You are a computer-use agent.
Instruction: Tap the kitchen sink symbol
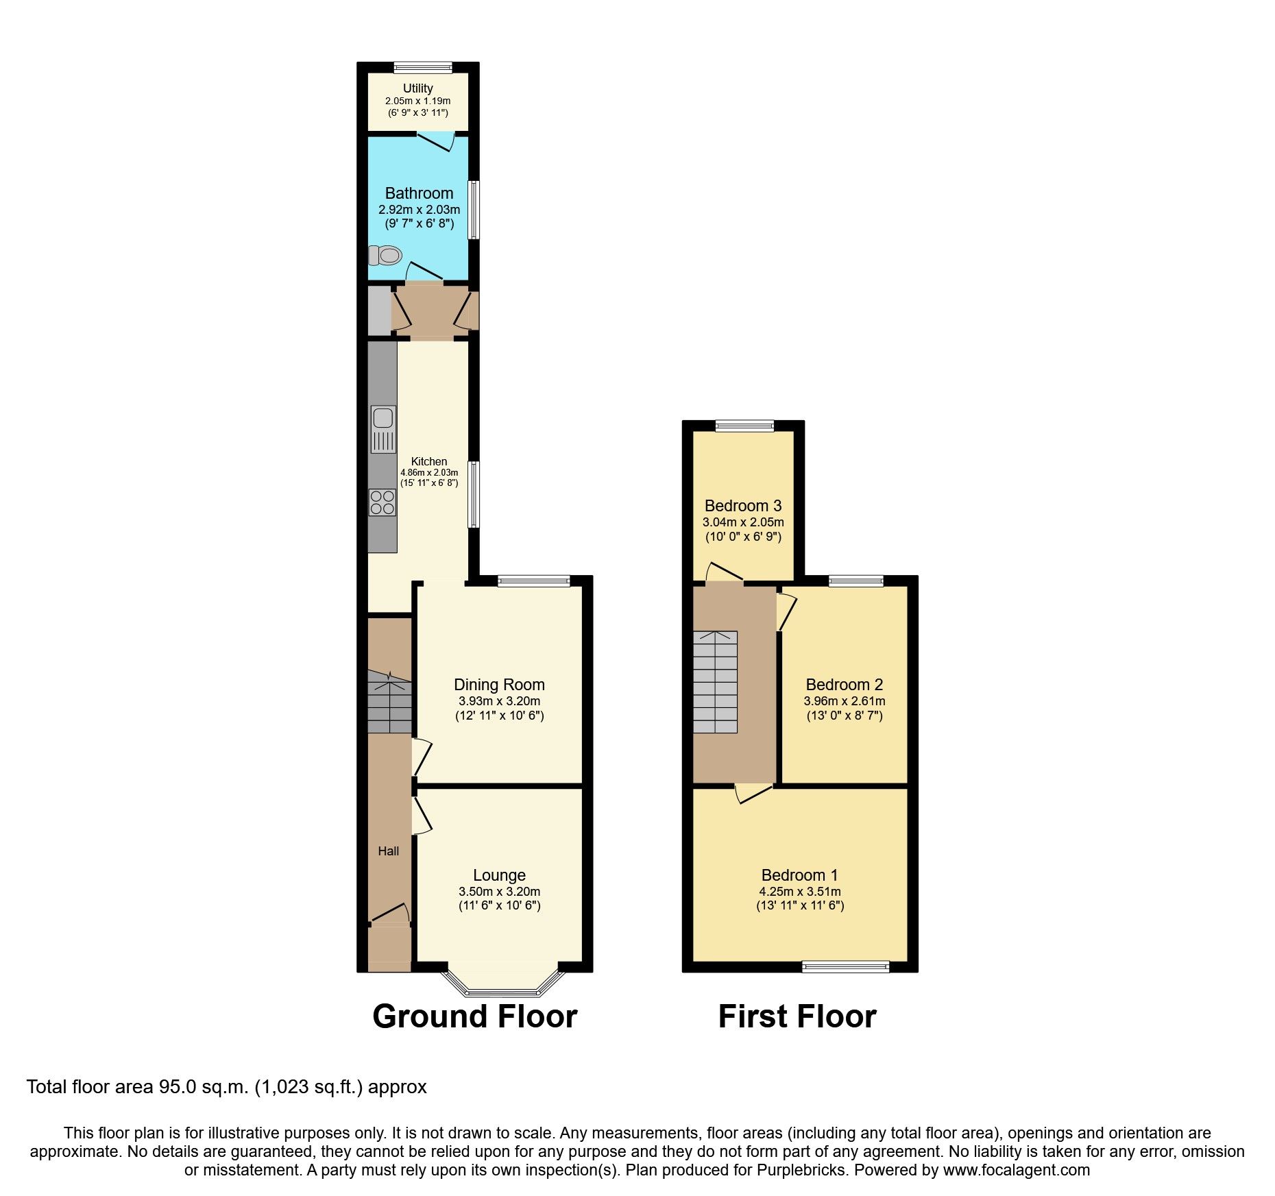(383, 429)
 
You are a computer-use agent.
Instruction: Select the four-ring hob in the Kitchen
(382, 502)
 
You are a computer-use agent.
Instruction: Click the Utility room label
(417, 88)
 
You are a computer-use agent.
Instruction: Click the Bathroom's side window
(473, 210)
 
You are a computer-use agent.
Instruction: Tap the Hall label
(389, 851)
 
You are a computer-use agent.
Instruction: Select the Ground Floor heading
(474, 1016)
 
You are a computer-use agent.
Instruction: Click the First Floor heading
(797, 1016)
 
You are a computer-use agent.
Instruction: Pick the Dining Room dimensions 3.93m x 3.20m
(499, 701)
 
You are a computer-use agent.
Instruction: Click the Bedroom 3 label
(743, 506)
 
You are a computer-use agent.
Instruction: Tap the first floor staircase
(715, 682)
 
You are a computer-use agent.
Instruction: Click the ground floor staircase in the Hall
(389, 703)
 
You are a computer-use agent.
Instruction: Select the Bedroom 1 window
(845, 967)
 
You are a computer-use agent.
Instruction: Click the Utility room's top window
(423, 67)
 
